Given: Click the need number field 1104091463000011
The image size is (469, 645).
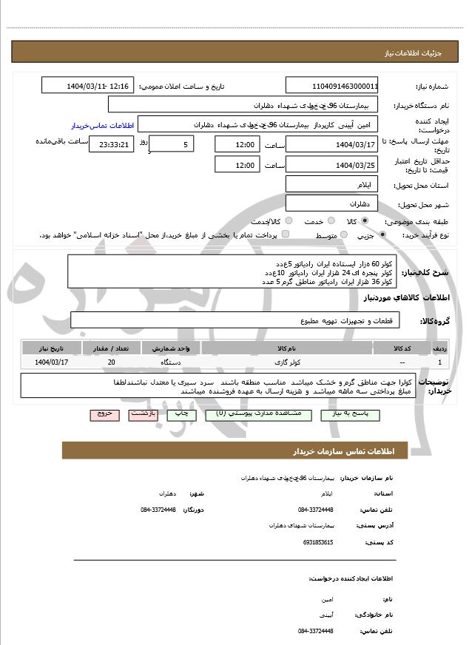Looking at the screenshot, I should [332, 86].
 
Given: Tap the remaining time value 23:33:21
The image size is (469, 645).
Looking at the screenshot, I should [111, 145].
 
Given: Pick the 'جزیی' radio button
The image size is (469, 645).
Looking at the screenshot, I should [382, 235].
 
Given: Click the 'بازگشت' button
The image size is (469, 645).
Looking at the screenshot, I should [143, 415].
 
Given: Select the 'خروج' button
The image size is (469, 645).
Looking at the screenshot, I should [104, 415].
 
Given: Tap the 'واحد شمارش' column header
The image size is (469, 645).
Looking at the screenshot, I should [172, 348].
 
